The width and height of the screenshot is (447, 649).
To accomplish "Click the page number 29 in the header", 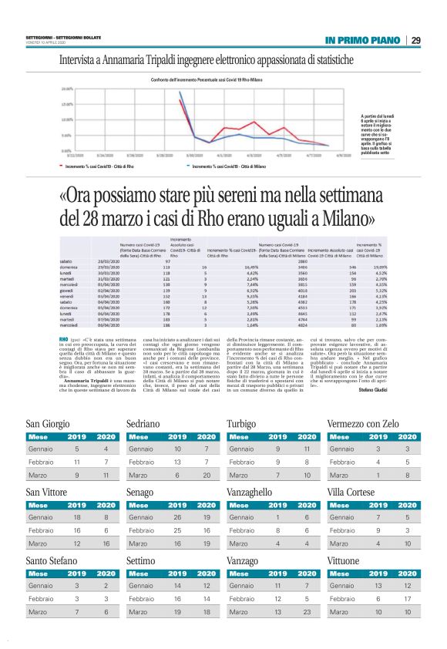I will point(415,40).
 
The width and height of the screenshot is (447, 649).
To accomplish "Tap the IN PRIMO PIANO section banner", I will point(362,40).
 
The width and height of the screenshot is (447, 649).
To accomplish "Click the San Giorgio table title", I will point(48,424).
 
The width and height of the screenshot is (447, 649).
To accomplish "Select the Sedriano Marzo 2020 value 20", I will point(207,476).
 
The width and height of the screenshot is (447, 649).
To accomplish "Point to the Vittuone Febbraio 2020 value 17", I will point(408,597).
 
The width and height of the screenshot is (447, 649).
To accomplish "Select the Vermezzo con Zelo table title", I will point(362,424).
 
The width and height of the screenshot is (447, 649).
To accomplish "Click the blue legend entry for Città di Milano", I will point(228,166).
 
